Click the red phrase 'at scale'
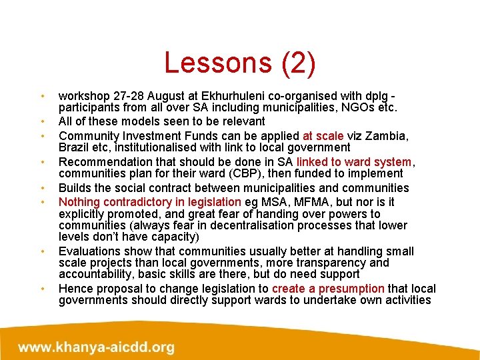[x=324, y=135]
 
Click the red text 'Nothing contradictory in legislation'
[x=150, y=201]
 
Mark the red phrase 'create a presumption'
[x=327, y=289]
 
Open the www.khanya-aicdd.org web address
[x=97, y=347]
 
